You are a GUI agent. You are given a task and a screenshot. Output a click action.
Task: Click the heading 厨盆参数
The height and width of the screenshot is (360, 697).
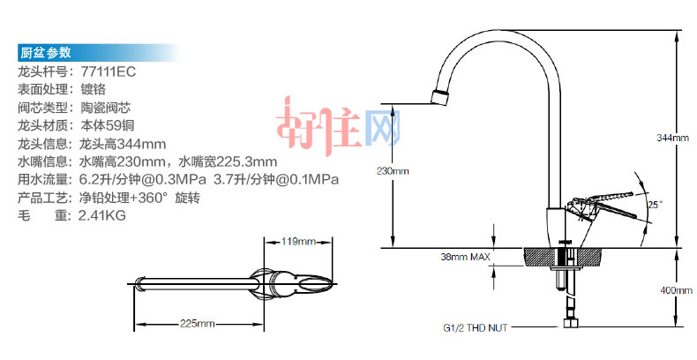pyautogui.click(x=47, y=52)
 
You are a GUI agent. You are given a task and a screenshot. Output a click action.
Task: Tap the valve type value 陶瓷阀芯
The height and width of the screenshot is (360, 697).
pyautogui.click(x=106, y=108)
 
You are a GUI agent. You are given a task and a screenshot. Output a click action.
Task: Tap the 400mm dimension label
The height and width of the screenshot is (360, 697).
pyautogui.click(x=676, y=290)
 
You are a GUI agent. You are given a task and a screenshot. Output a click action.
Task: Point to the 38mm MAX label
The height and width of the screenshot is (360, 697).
pyautogui.click(x=465, y=257)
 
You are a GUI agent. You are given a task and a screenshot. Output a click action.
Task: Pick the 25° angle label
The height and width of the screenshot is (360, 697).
pyautogui.click(x=654, y=204)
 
